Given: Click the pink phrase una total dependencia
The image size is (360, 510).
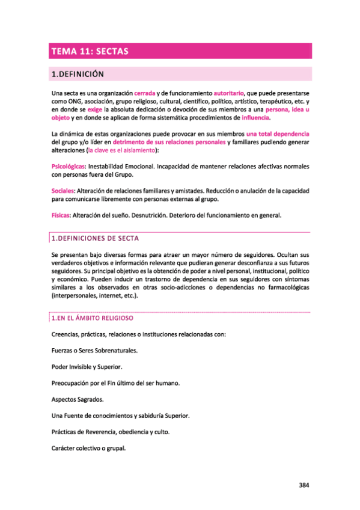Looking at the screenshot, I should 278,133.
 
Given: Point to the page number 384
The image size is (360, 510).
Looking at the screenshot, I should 304,486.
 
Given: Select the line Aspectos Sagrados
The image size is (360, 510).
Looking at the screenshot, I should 78,399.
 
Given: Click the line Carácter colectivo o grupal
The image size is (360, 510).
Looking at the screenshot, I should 88,448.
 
